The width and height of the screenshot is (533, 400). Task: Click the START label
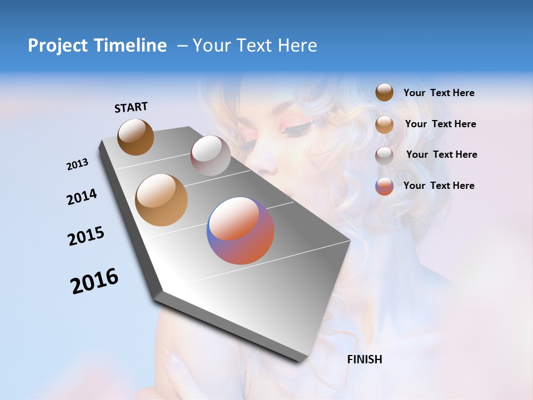[131, 107]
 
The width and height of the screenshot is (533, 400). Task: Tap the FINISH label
[364, 359]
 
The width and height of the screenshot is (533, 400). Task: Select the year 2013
[78, 164]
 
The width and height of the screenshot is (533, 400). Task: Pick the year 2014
[82, 197]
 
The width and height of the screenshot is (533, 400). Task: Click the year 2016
[94, 281]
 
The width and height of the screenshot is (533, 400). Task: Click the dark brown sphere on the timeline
[135, 137]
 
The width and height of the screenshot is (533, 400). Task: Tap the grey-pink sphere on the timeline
[210, 156]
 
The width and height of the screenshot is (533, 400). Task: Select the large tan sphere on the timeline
[162, 199]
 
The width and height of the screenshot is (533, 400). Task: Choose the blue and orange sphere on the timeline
[240, 231]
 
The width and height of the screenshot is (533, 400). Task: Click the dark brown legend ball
[384, 93]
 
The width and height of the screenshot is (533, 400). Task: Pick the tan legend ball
[384, 124]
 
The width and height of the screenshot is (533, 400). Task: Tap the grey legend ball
[384, 155]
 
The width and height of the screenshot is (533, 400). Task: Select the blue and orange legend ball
[384, 186]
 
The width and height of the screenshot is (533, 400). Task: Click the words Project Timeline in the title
[97, 46]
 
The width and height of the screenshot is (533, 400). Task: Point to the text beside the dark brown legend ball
[439, 93]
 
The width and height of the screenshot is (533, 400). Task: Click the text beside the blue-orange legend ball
[439, 186]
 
